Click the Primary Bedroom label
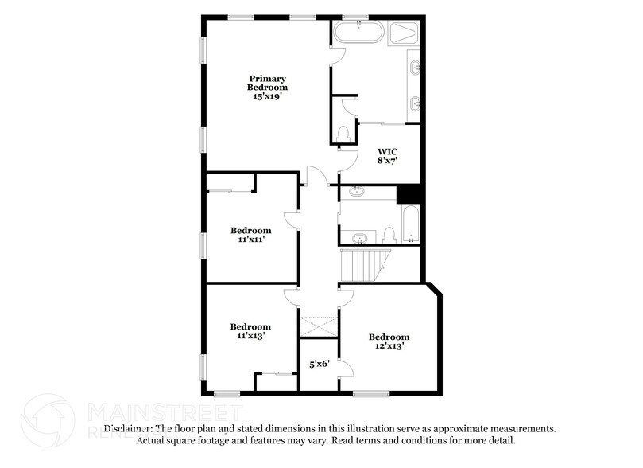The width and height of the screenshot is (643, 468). tap(266, 83)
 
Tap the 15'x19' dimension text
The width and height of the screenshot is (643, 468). tap(266, 96)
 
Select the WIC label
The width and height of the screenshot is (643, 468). tap(387, 150)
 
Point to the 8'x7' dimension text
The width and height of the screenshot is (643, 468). tap(387, 160)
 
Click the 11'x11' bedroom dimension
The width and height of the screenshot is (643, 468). tap(250, 240)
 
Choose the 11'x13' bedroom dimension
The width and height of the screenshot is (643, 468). tap(250, 336)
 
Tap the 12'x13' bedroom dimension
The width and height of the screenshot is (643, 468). tap(389, 346)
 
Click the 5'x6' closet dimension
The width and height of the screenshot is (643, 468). tap(319, 365)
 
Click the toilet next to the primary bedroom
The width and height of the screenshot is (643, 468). tap(343, 133)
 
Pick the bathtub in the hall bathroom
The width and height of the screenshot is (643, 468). tap(409, 225)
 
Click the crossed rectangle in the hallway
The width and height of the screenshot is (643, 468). tap(319, 326)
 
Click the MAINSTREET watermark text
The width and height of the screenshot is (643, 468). tap(163, 412)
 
